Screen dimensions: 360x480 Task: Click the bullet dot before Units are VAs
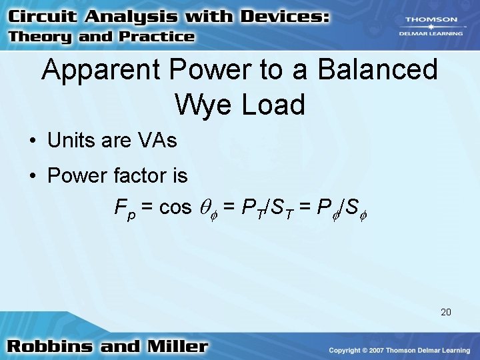32,141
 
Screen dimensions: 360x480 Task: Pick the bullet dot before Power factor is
32,177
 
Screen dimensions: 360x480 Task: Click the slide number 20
445,311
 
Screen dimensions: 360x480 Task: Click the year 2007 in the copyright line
379,350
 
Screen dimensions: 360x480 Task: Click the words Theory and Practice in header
101,37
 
